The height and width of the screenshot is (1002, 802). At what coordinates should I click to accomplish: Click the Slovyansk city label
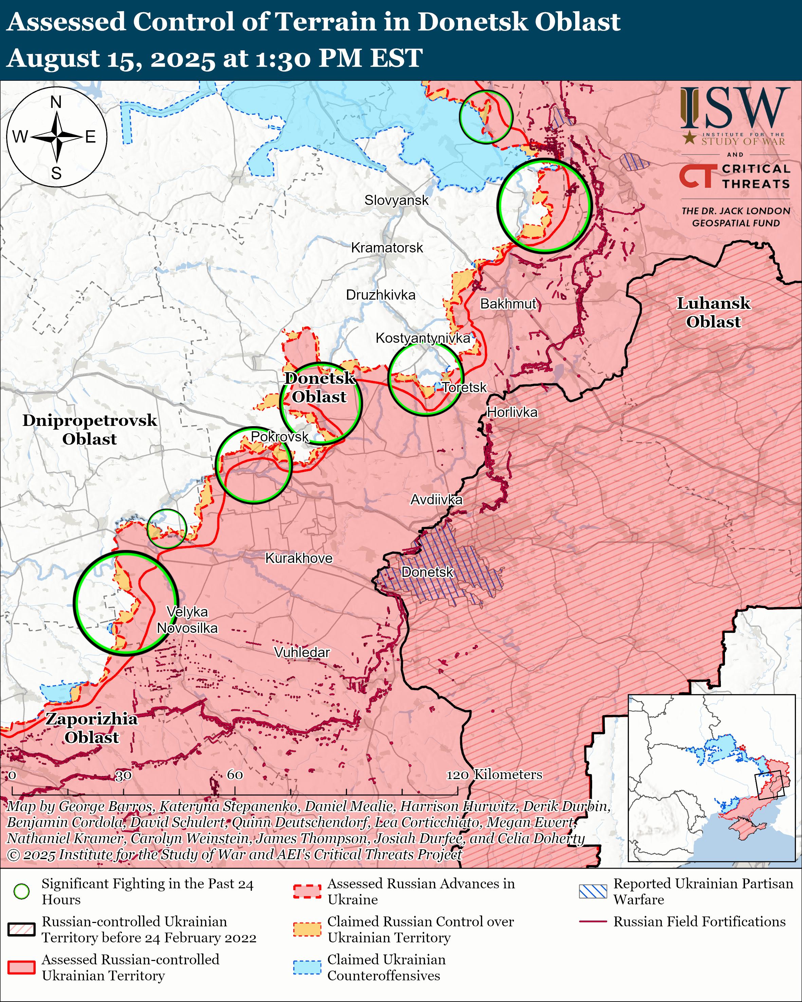point(396,200)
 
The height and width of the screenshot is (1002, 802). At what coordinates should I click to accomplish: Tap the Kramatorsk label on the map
point(387,248)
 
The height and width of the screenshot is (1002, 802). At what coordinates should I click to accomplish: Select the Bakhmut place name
point(508,304)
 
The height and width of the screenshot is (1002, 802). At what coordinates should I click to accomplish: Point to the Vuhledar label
point(302,653)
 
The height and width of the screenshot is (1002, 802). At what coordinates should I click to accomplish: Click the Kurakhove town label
point(298,558)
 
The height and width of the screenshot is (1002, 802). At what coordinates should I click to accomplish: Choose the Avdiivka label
point(436,499)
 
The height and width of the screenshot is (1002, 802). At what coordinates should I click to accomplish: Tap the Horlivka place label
point(512,412)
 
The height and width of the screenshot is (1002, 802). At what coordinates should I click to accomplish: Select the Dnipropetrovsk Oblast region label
point(90,430)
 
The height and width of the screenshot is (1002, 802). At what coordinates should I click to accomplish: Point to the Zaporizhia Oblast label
point(92,728)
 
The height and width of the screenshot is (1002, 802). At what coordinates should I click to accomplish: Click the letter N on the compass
point(56,102)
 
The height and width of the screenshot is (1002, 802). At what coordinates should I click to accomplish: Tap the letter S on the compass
point(56,173)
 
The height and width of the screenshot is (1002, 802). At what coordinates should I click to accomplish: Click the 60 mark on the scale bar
point(235,775)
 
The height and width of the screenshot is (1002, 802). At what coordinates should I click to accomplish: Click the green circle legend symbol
point(21,891)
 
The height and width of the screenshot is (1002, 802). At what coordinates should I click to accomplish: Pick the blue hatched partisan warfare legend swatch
point(593,891)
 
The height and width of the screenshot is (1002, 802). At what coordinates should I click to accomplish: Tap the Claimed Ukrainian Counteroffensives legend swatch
point(307,967)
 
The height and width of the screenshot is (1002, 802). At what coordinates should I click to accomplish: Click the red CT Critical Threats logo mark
point(696,176)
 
